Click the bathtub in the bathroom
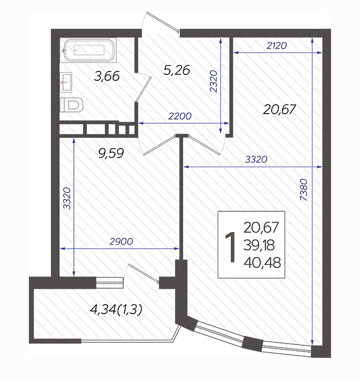[88, 50]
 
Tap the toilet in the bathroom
[72, 104]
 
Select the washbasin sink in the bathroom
[66, 82]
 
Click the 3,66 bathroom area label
[107, 76]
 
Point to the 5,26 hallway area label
[177, 70]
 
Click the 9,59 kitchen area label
[111, 153]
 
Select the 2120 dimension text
[277, 46]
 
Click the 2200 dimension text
[180, 116]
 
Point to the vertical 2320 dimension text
[213, 81]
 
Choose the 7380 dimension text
[303, 190]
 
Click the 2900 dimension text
[121, 241]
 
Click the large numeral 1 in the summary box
[231, 247]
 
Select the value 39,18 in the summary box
[259, 245]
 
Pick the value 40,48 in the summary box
[262, 263]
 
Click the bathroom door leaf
[143, 89]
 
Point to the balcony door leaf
[143, 274]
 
